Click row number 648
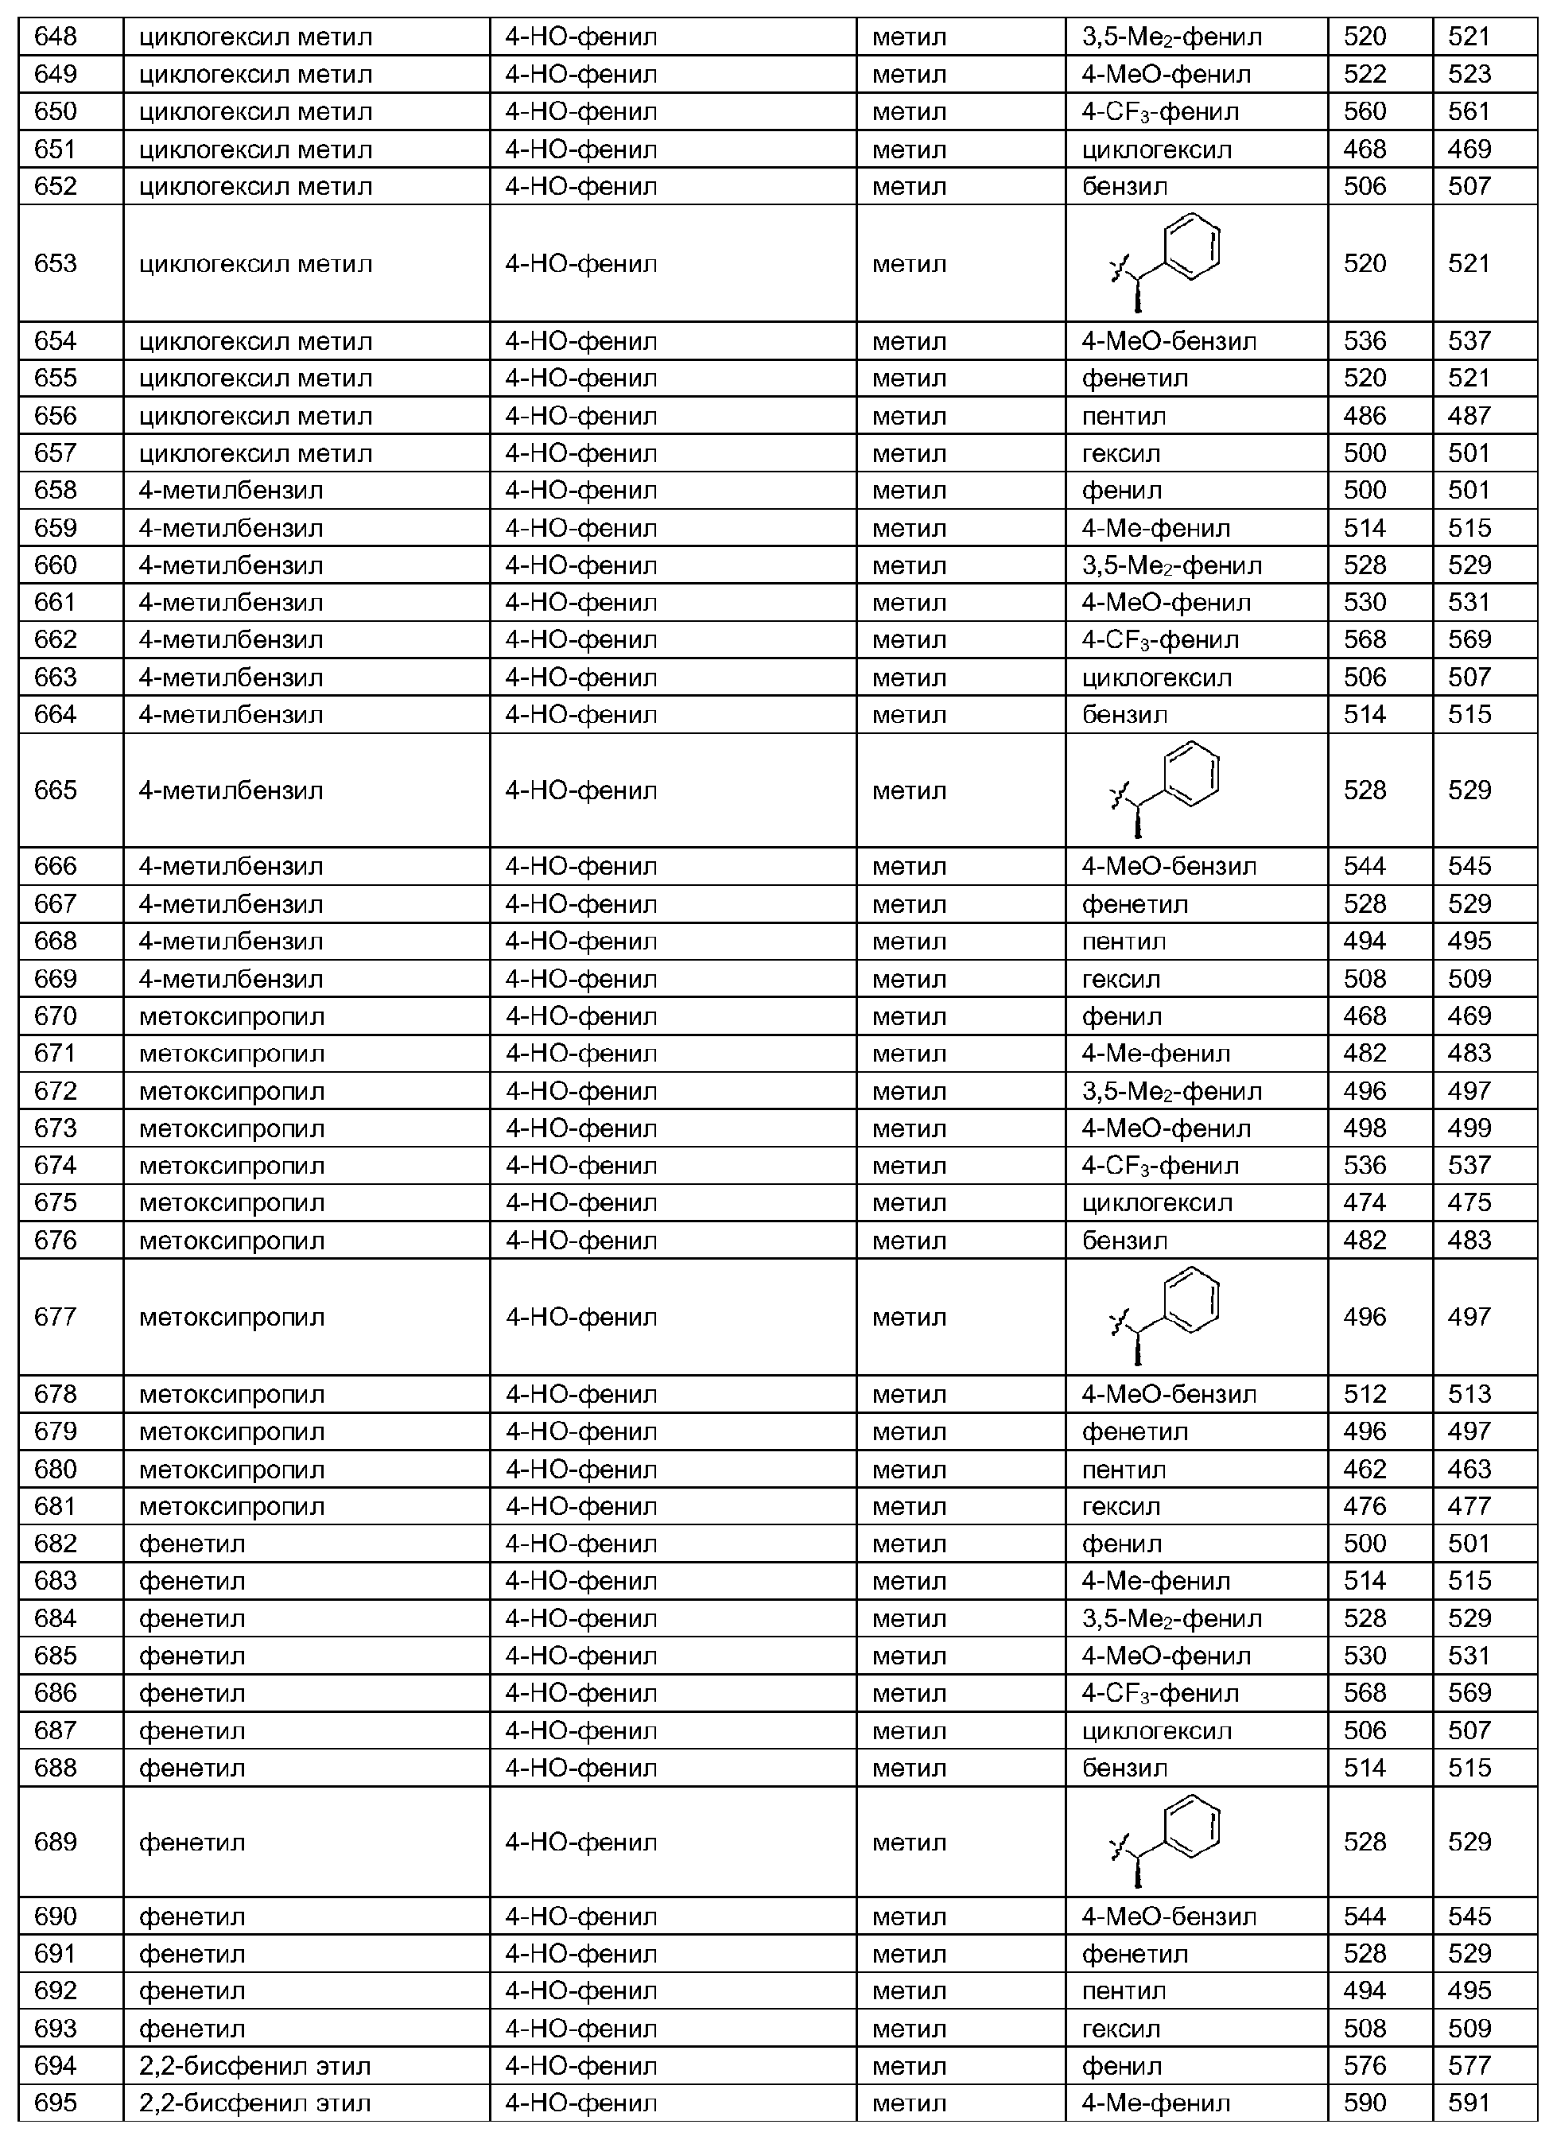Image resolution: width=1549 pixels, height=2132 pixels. pos(56,37)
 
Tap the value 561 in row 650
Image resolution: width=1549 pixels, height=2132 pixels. pos(1469,112)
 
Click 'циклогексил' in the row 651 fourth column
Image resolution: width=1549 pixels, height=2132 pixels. pos(1156,150)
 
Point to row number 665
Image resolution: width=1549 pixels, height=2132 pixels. pos(56,790)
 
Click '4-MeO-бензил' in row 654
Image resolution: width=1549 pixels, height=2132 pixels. pos(1168,341)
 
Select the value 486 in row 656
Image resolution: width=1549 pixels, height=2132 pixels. pos(1365,415)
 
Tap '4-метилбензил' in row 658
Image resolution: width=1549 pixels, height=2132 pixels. pos(231,491)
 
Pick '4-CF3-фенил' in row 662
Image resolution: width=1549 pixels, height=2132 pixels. pos(1160,640)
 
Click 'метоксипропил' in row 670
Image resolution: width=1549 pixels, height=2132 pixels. pos(231,1016)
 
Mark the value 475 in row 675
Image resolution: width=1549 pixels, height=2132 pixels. pos(1469,1203)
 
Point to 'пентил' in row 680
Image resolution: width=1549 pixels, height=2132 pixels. pos(1124,1470)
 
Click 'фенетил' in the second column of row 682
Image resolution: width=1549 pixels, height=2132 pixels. pos(192,1544)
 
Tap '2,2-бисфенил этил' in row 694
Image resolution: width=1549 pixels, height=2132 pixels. pos(254,2066)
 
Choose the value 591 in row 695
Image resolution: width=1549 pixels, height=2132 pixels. pos(1469,2104)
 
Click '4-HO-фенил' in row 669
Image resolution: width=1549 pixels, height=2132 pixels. pos(580,980)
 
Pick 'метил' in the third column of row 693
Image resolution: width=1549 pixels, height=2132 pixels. pos(909,2029)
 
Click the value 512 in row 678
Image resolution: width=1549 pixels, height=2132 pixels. pos(1365,1394)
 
